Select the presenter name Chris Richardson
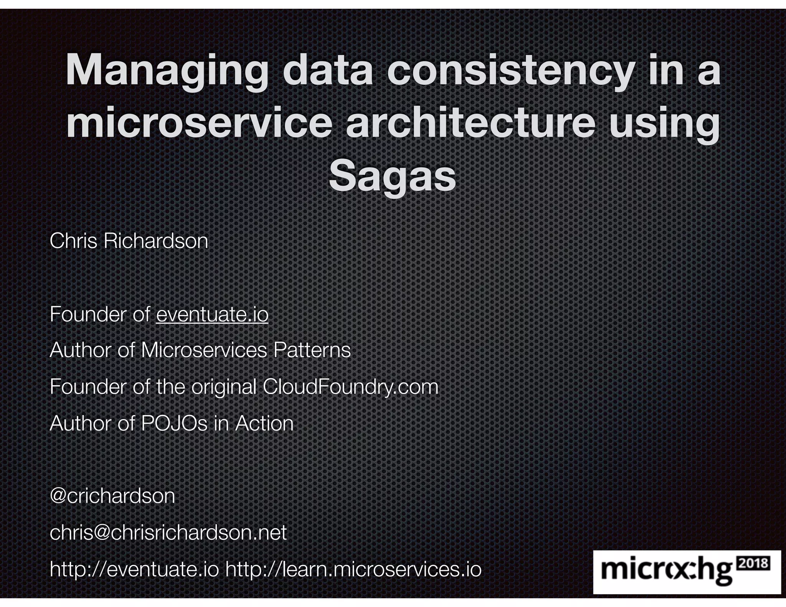tap(129, 241)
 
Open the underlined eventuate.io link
tap(212, 315)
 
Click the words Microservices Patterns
tap(246, 350)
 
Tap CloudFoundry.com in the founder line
tap(350, 386)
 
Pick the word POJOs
tap(174, 423)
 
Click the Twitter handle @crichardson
tap(112, 496)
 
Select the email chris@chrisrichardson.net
tap(168, 533)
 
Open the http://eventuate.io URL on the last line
tap(134, 569)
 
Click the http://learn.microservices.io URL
tap(353, 569)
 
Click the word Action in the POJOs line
tap(264, 423)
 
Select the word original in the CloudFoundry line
tap(224, 386)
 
